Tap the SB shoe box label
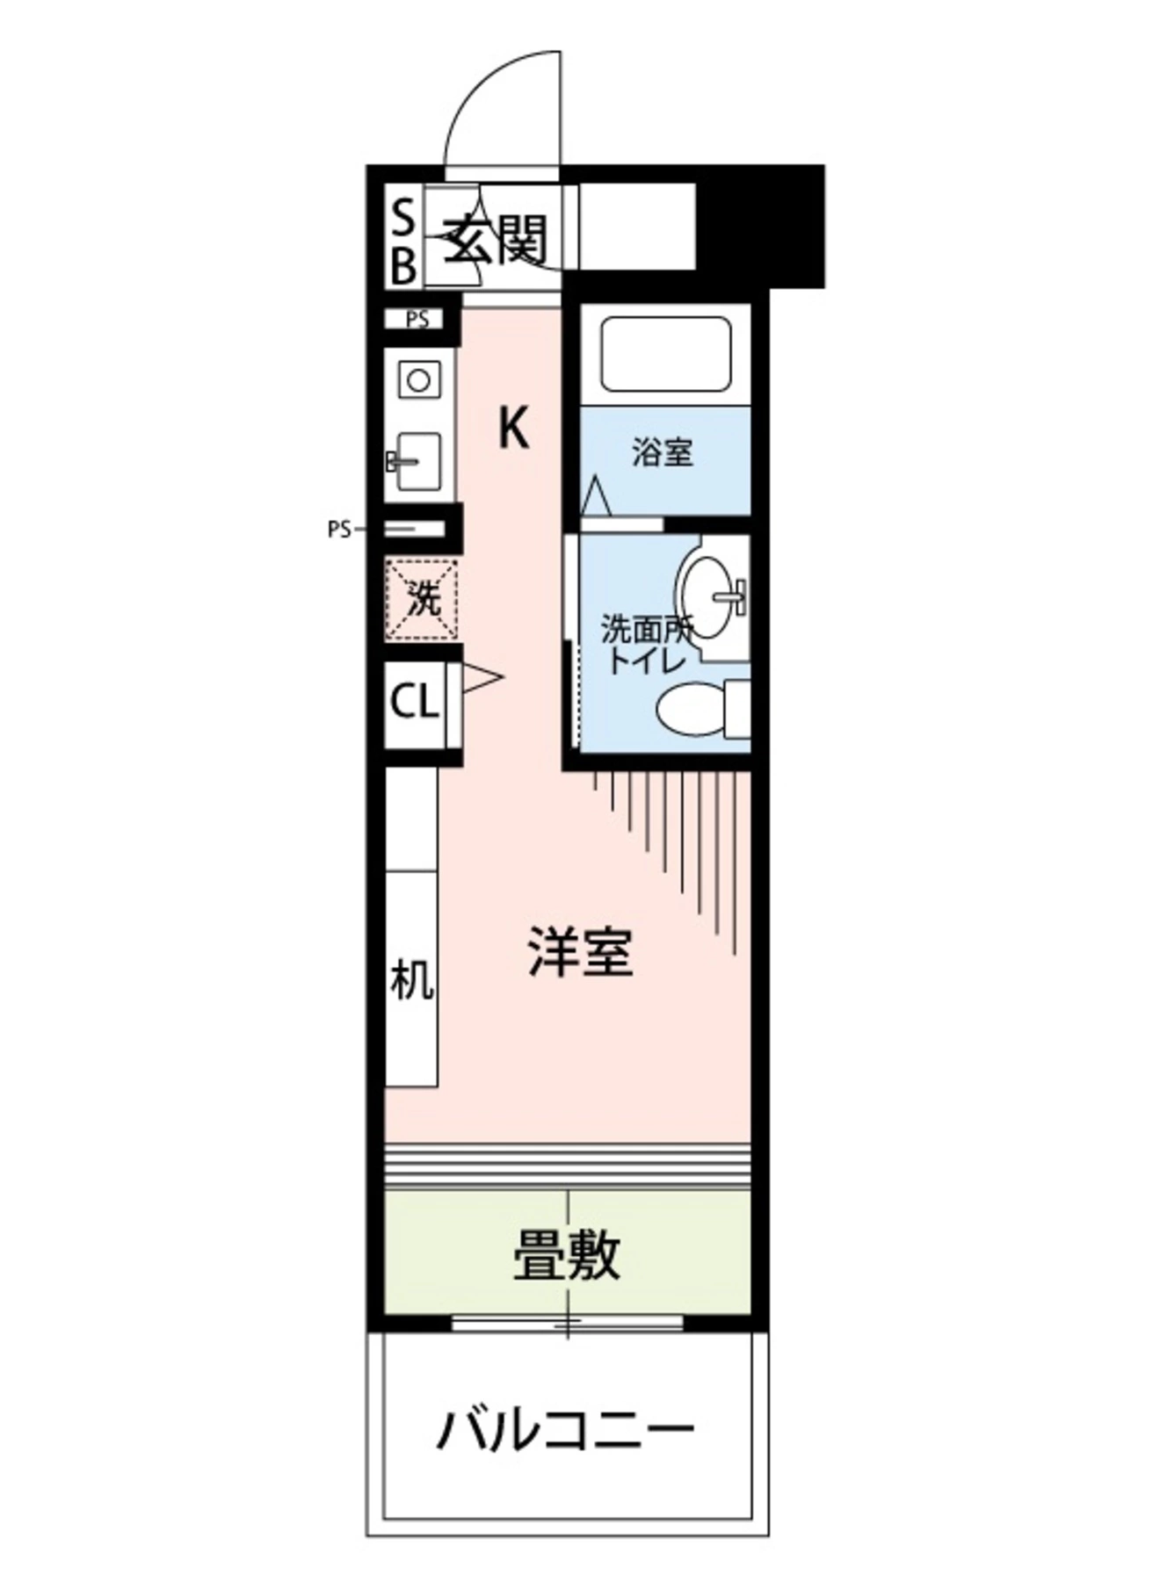coord(402,241)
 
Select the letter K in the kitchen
coord(514,430)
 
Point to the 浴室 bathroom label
coord(663,453)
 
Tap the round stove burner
coord(418,381)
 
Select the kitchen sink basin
coord(418,460)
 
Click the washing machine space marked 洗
coord(423,600)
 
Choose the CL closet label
coord(414,702)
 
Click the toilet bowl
coord(691,710)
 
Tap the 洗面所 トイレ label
coord(647,645)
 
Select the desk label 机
coord(411,979)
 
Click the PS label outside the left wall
coord(338,530)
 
